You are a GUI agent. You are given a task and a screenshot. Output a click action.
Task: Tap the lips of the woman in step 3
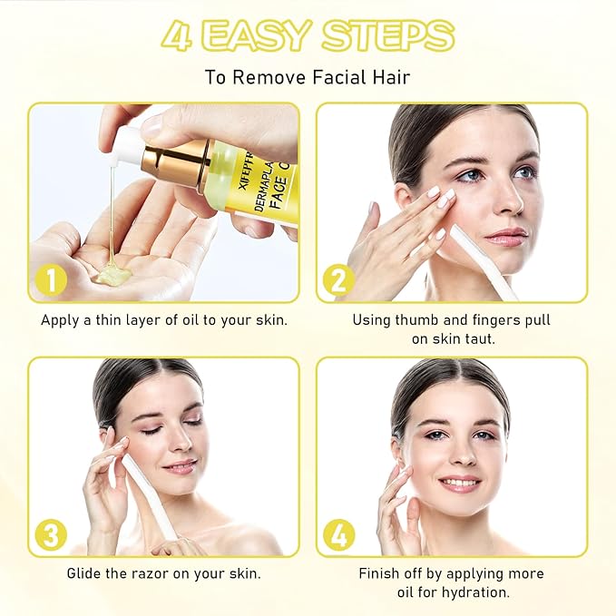tap(180, 466)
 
